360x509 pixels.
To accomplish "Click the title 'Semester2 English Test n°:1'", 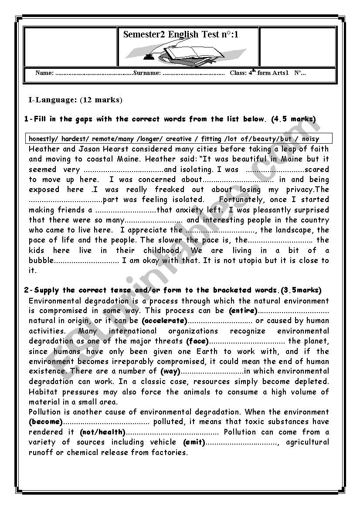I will pyautogui.click(x=181, y=34).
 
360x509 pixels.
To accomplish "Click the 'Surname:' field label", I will pyautogui.click(x=147, y=73).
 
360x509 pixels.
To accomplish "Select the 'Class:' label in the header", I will pyautogui.click(x=238, y=73).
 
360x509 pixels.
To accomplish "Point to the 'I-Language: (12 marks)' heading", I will pyautogui.click(x=75, y=100).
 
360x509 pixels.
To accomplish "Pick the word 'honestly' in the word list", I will pyautogui.click(x=43, y=139).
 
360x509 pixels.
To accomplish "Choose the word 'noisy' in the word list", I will pyautogui.click(x=310, y=139).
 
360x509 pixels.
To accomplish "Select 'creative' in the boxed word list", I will pyautogui.click(x=179, y=139).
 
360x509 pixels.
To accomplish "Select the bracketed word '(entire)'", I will pyautogui.click(x=243, y=311).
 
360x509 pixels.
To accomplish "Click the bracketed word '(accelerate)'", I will pyautogui.click(x=165, y=321).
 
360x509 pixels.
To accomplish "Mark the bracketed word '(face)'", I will pyautogui.click(x=197, y=341).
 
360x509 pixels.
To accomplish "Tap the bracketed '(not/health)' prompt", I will pyautogui.click(x=102, y=432).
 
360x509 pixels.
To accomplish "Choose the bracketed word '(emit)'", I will pyautogui.click(x=193, y=442).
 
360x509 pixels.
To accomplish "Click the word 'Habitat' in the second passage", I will pyautogui.click(x=43, y=392).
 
